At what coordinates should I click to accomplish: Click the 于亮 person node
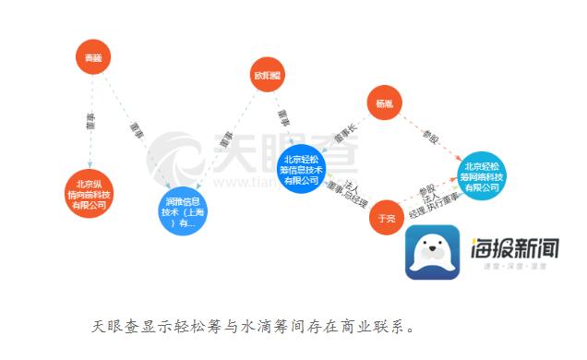[x=388, y=218]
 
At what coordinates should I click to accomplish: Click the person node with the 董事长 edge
[x=384, y=103]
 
